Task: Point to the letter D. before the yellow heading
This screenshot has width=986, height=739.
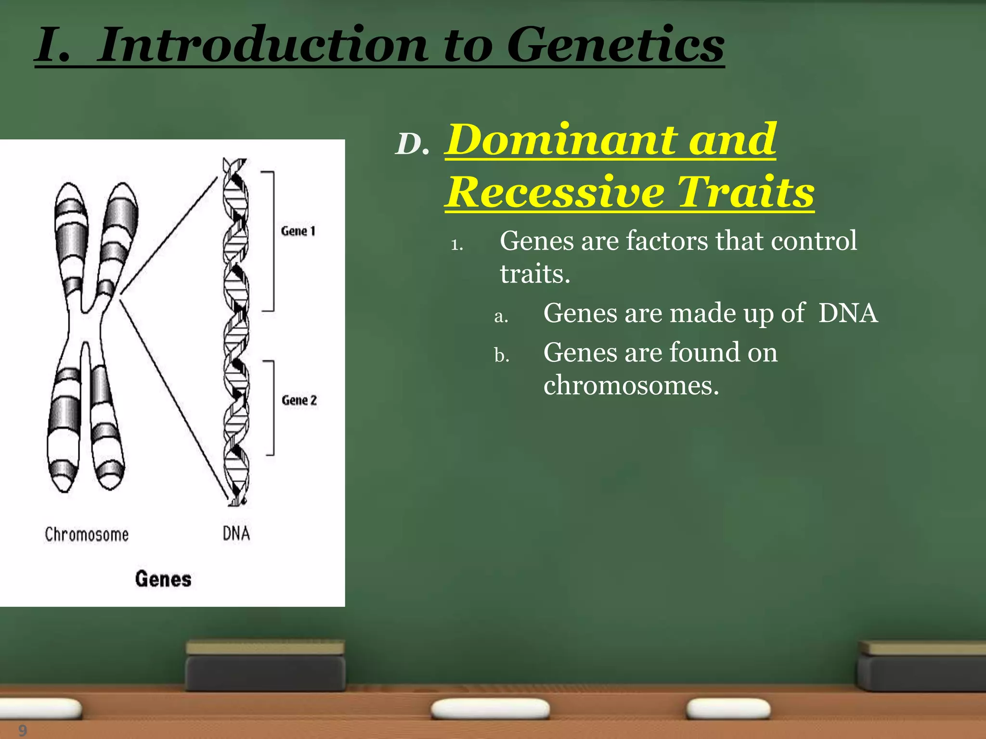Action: pos(412,144)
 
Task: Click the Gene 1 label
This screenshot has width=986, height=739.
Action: pos(298,231)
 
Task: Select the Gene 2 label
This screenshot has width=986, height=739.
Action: pos(299,400)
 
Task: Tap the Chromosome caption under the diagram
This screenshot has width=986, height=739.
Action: pos(87,535)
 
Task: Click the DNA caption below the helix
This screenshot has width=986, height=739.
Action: pos(236,534)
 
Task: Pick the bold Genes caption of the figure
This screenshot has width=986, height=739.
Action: pos(163,579)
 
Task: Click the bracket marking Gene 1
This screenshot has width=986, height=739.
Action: pos(272,241)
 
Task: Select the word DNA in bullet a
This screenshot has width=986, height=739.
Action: pos(848,313)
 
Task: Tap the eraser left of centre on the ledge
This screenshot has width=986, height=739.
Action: pos(265,666)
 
